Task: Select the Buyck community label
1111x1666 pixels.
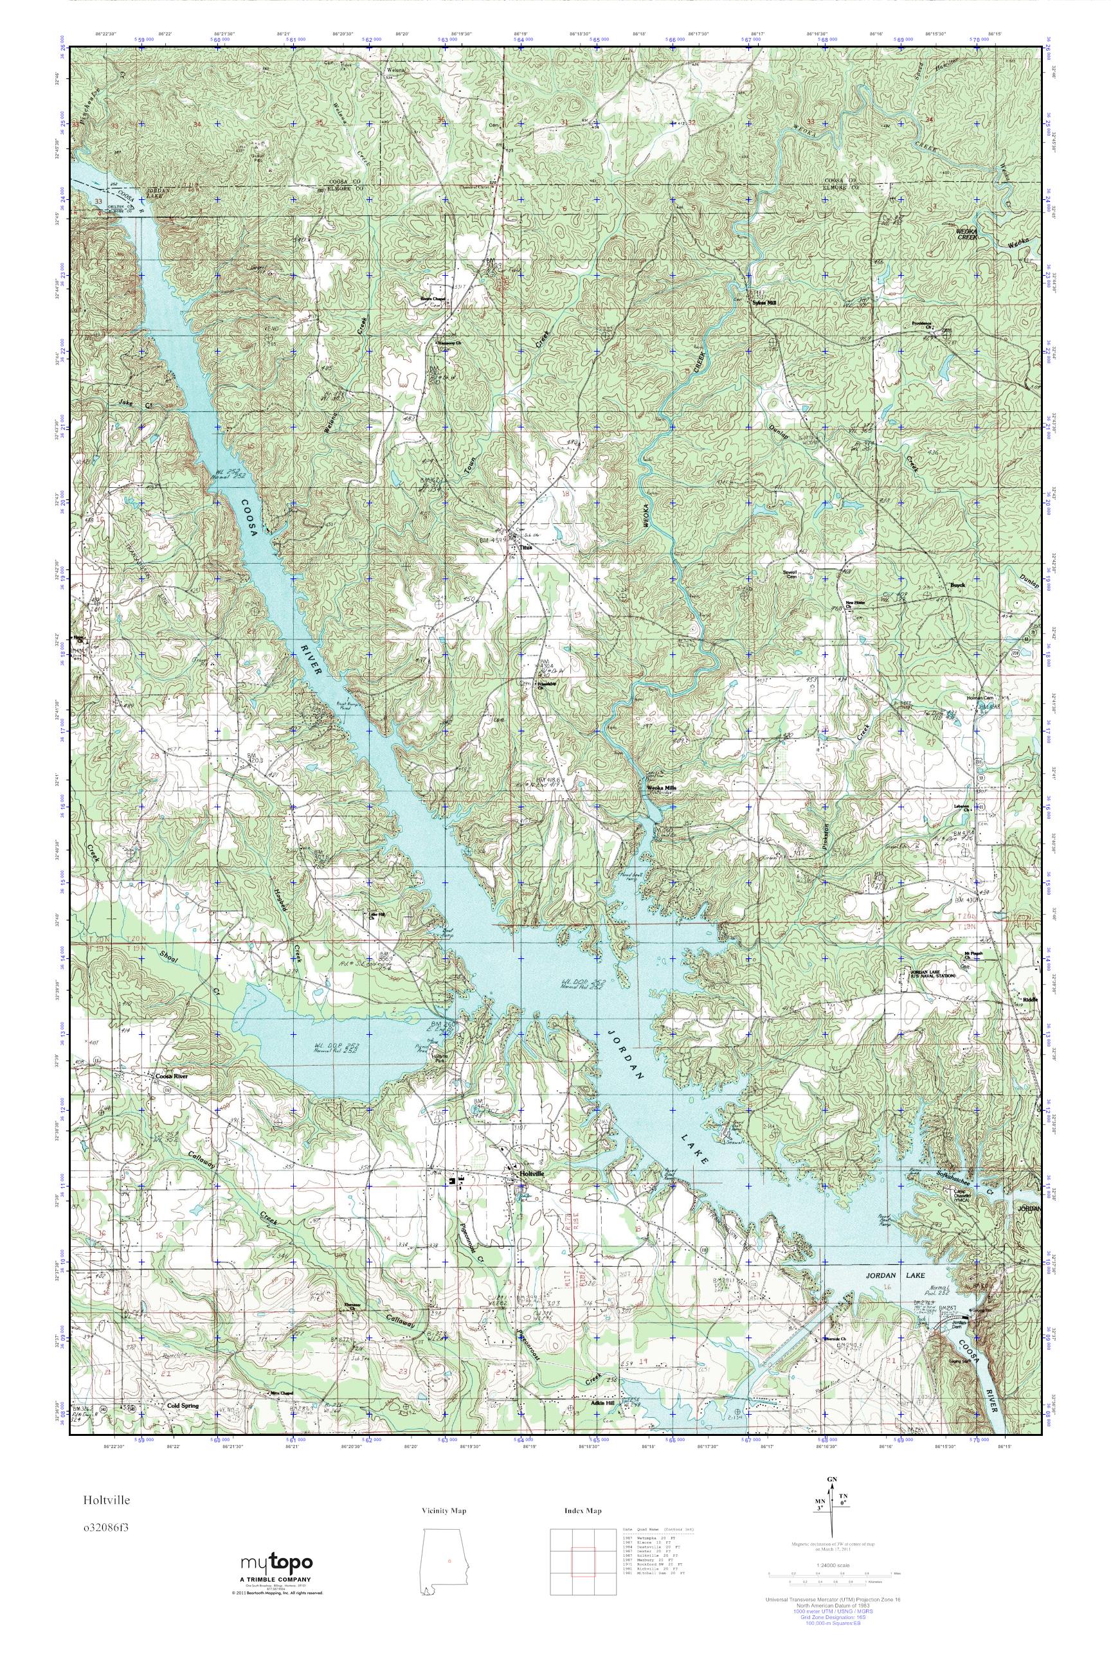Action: [x=957, y=586]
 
